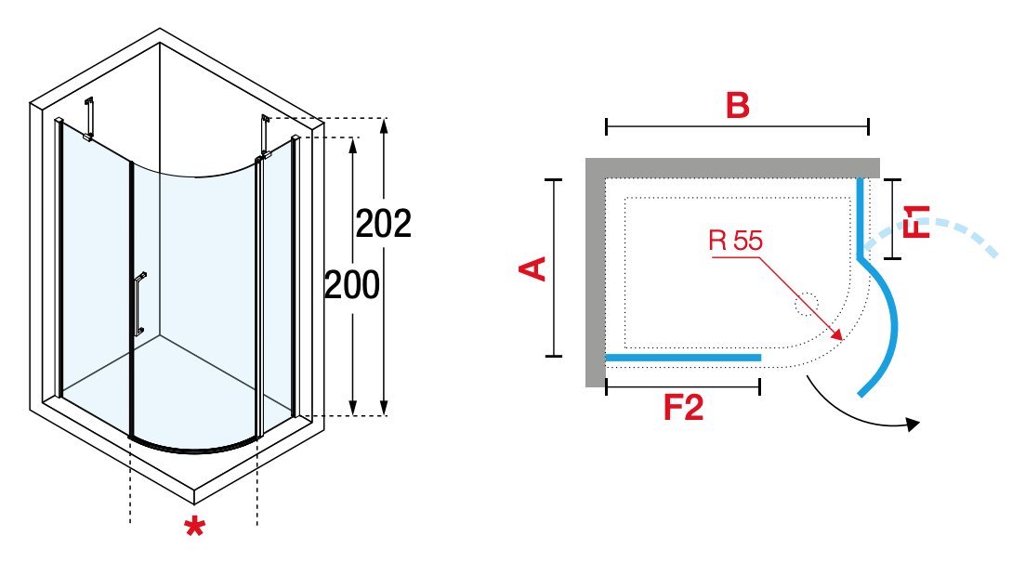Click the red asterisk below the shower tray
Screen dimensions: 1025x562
click(x=194, y=527)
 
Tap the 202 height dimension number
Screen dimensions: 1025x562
click(x=384, y=224)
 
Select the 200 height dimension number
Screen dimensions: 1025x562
click(x=351, y=285)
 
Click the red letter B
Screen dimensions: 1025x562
click(x=737, y=105)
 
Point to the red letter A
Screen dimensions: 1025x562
click(x=532, y=268)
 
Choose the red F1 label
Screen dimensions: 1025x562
click(x=916, y=221)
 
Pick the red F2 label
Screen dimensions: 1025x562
click(x=683, y=407)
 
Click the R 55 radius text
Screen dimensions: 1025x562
click(x=735, y=241)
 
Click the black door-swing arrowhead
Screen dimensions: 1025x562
click(x=913, y=425)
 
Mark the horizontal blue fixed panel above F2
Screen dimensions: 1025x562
click(x=683, y=358)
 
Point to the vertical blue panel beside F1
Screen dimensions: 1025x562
click(x=861, y=217)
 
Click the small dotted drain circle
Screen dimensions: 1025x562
click(x=806, y=304)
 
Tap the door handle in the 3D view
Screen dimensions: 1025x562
click(x=139, y=304)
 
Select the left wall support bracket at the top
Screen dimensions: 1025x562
click(x=89, y=118)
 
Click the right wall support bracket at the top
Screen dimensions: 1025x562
click(x=263, y=137)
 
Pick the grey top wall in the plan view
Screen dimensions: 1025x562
click(x=732, y=168)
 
